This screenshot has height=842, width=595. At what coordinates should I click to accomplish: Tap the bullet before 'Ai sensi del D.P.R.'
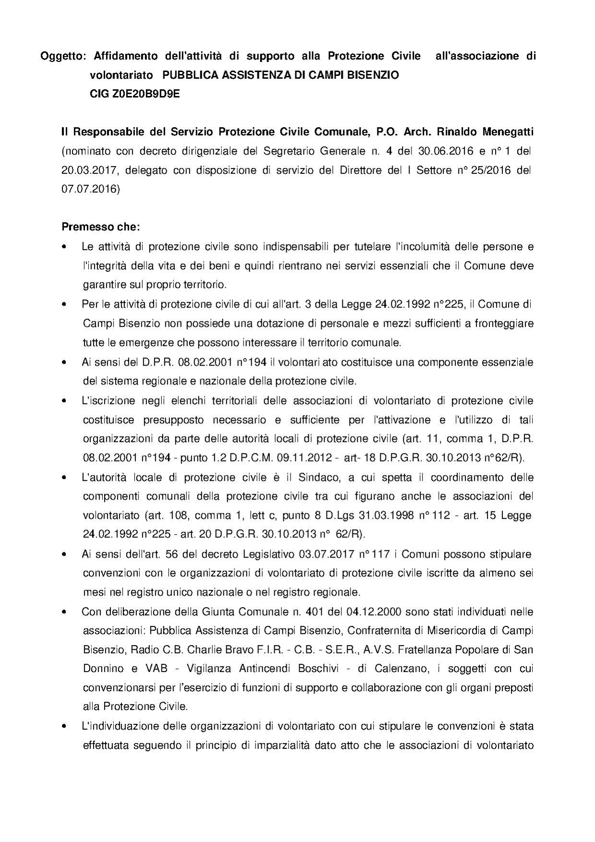(64, 363)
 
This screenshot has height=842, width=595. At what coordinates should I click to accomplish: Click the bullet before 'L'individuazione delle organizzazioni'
(64, 727)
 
